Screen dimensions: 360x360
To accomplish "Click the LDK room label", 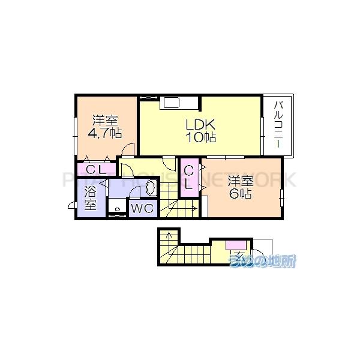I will (x=200, y=125).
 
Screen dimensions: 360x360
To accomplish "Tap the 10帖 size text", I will (x=200, y=137).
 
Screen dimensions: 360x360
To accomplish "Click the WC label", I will (x=142, y=208).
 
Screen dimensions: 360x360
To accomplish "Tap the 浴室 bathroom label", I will (x=90, y=199).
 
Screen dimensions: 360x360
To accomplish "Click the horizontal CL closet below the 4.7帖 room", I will (x=96, y=170).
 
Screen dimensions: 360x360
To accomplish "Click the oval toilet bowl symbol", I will (x=151, y=189).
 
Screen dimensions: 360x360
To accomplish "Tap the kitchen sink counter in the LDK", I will (x=172, y=103).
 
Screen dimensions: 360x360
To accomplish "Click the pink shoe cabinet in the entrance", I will (x=235, y=244).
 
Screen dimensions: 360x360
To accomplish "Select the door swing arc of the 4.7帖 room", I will (x=128, y=149).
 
